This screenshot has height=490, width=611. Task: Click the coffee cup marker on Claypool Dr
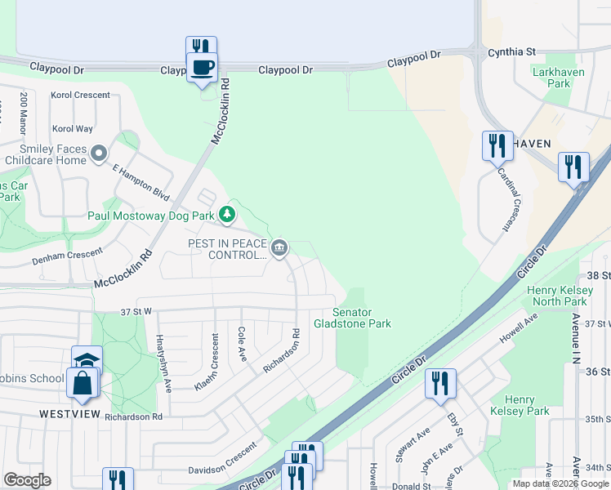pos(202,66)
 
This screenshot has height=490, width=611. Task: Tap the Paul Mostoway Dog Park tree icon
pos(227,216)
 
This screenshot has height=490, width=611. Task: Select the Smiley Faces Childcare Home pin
pos(99,153)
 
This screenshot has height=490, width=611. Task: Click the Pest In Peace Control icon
pos(279,247)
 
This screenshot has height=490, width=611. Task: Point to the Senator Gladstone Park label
pos(363,318)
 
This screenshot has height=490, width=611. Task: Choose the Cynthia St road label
pos(511,51)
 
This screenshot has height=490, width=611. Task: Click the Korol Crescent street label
pos(80,96)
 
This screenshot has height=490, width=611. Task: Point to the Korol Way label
pos(72,129)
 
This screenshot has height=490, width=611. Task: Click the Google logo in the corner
pos(27,480)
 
